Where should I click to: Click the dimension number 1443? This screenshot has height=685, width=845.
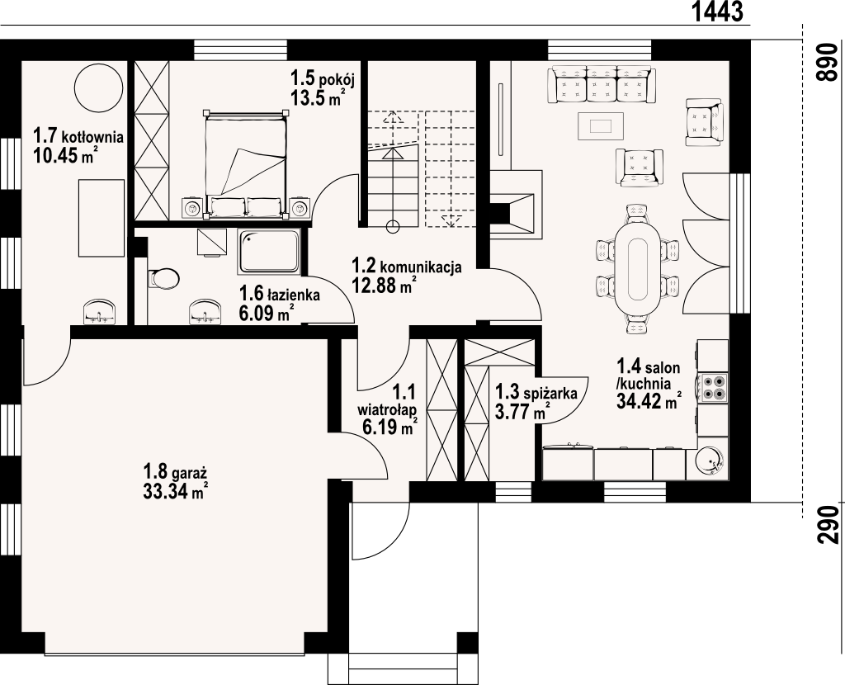[716, 12]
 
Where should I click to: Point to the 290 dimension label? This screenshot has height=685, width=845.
[828, 525]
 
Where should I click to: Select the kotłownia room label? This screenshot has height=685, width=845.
[78, 136]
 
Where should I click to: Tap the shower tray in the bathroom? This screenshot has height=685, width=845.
[269, 251]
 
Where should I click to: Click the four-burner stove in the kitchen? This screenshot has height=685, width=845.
[712, 387]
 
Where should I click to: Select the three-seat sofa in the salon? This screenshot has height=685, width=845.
[602, 84]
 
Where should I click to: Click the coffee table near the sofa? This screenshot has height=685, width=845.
[601, 126]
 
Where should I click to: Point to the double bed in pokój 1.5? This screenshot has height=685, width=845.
[244, 164]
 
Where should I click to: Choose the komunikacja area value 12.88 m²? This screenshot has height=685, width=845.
[384, 285]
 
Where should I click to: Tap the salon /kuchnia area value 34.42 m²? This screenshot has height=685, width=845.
[649, 403]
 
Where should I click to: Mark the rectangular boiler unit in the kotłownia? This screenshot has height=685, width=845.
[101, 218]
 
